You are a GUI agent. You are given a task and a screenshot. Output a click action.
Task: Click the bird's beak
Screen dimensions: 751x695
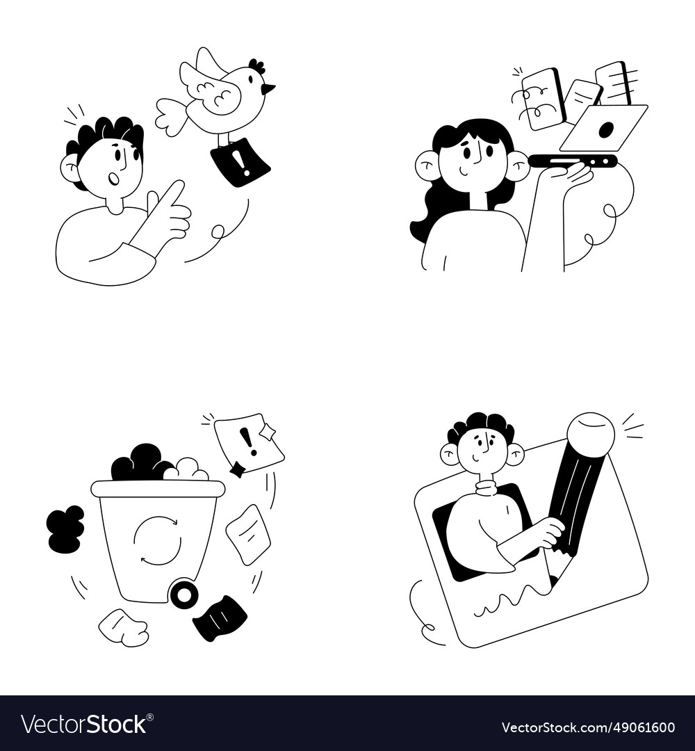[x=268, y=88]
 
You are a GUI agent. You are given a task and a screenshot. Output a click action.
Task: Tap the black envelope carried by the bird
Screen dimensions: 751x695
[x=240, y=163]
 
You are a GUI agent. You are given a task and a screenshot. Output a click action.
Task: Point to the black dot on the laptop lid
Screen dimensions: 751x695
[x=606, y=129]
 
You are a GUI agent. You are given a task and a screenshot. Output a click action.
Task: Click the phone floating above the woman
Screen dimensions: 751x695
[x=543, y=98]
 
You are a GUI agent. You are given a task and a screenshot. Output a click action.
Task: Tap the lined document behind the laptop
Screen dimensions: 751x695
[x=613, y=82]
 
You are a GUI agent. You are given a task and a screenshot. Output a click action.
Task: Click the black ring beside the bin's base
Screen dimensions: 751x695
[x=184, y=595]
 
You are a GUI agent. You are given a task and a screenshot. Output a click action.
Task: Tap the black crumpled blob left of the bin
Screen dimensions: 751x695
[x=65, y=529]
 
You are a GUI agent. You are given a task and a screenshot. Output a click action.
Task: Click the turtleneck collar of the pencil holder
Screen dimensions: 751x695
[x=486, y=487]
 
